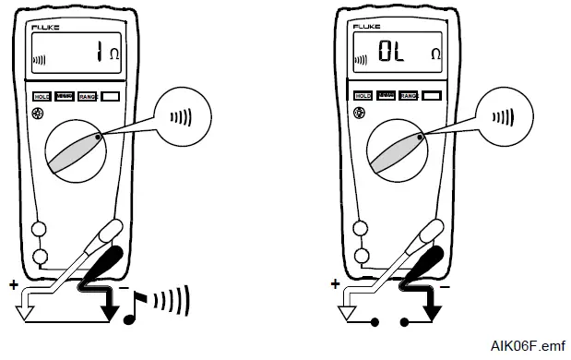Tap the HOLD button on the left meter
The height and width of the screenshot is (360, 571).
[x=42, y=96]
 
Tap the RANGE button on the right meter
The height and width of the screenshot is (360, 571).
[x=409, y=96]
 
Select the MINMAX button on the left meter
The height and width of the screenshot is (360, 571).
[x=65, y=95]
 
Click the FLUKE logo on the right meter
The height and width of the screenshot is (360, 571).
[x=365, y=28]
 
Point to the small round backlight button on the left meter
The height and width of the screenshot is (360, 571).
[x=38, y=115]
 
